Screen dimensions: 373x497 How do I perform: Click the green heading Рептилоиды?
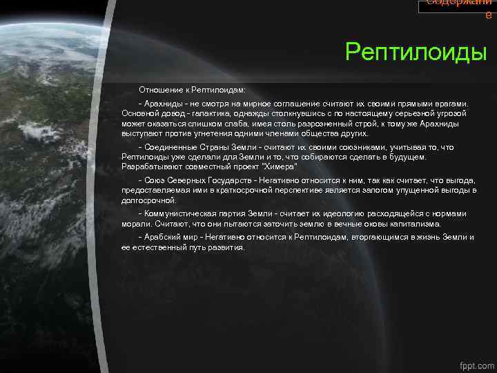pyautogui.click(x=416, y=51)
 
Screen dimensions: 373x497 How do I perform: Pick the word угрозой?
pyautogui.click(x=451, y=112)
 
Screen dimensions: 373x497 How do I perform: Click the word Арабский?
pyautogui.click(x=162, y=237)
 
